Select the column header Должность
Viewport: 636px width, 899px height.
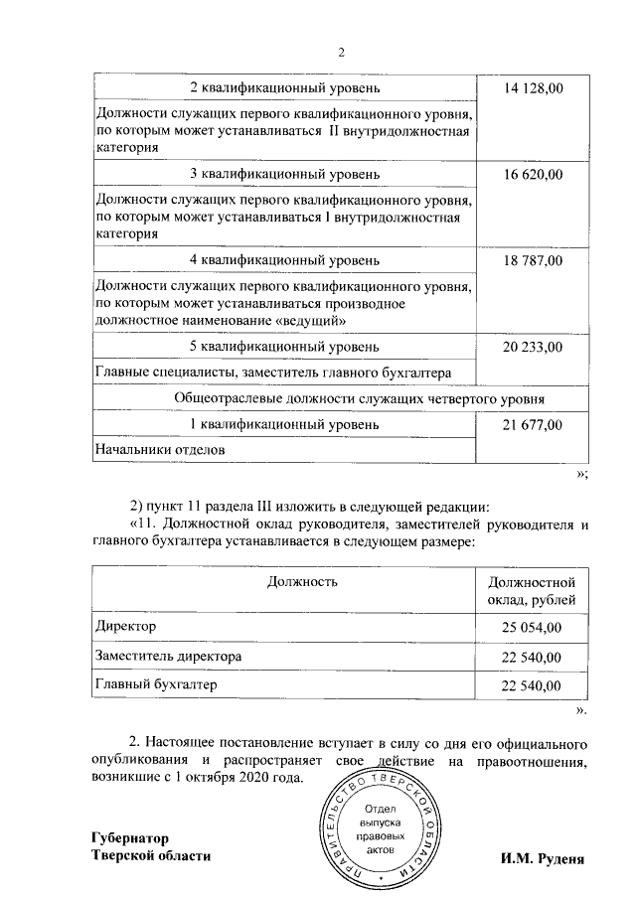click(282, 580)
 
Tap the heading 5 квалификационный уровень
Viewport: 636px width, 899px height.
click(284, 347)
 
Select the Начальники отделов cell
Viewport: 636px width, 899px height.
click(159, 449)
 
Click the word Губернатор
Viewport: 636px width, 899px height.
click(130, 838)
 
